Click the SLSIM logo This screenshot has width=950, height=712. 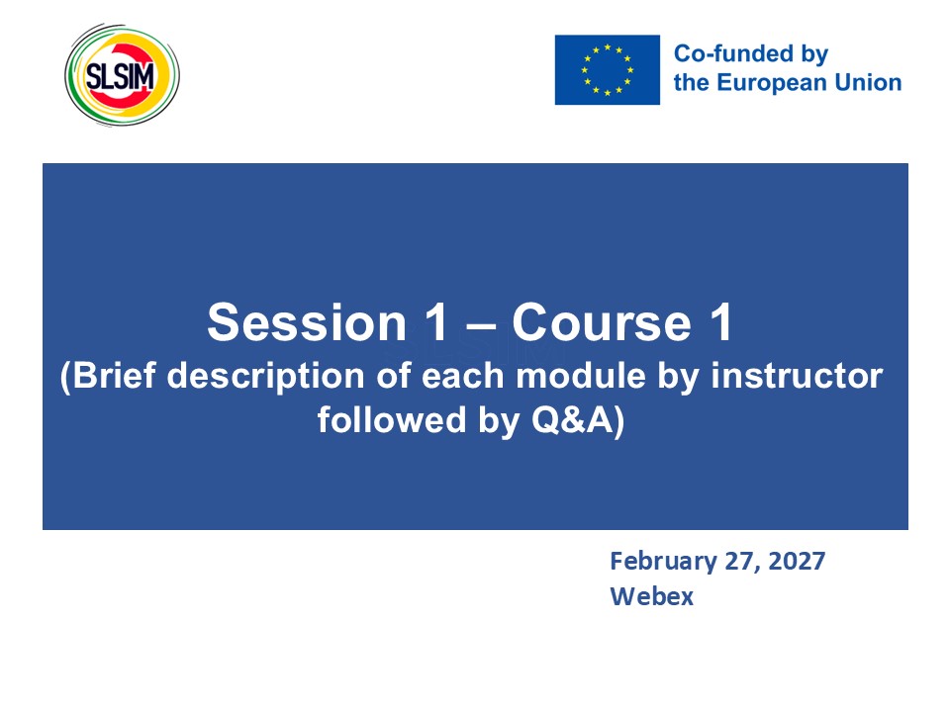(x=122, y=75)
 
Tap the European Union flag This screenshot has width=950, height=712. (x=607, y=69)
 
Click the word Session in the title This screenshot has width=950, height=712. (x=307, y=322)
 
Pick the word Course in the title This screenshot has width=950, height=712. (x=602, y=322)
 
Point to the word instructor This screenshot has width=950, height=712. (x=797, y=376)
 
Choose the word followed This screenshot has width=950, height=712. (x=392, y=419)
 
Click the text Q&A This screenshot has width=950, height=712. (x=573, y=419)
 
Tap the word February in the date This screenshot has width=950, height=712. (x=663, y=562)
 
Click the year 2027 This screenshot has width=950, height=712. (x=796, y=562)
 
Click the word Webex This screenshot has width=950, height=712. (x=651, y=596)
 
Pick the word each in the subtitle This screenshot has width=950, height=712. (x=463, y=376)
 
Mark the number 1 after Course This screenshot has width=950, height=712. (x=721, y=322)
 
